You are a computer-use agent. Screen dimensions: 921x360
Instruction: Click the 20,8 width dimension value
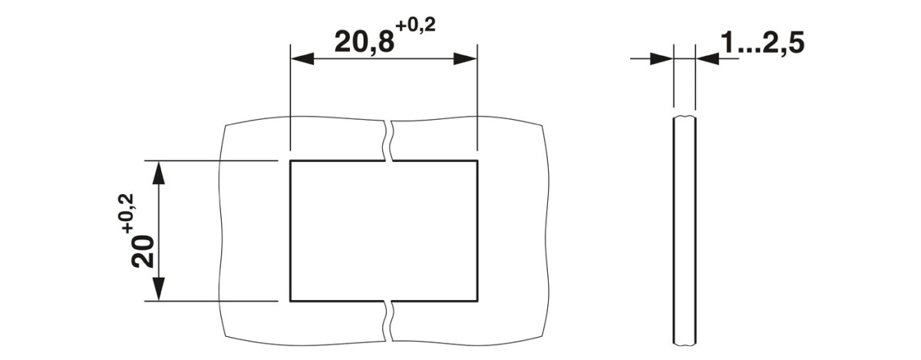[x=365, y=42]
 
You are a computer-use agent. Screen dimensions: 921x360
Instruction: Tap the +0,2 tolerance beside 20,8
[x=415, y=26]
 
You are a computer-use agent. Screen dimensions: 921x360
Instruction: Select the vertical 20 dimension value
[x=143, y=251]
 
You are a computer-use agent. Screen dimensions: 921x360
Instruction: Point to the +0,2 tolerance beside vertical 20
[x=128, y=213]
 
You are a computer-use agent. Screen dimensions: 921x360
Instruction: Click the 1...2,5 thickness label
[x=763, y=43]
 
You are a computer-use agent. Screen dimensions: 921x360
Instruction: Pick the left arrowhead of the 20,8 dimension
[x=302, y=59]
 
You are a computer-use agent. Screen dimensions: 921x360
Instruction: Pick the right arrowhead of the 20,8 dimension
[x=465, y=59]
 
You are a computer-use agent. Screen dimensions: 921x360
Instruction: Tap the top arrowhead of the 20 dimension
[x=159, y=172]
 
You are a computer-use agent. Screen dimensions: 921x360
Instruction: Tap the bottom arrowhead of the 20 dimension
[x=159, y=289]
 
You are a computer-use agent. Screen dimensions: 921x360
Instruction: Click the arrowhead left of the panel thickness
[x=662, y=59]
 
